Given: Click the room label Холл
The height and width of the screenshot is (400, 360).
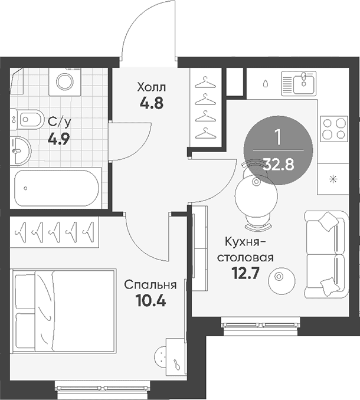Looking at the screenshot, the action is point(151,87).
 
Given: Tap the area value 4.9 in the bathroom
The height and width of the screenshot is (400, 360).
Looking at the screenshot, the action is point(58,140).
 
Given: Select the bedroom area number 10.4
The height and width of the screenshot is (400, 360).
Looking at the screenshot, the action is point(150,300).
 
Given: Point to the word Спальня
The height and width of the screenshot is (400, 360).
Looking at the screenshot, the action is point(150,285).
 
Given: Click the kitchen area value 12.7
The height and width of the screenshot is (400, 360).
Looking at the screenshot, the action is point(245,274).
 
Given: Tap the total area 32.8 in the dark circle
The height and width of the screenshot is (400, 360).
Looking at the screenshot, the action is point(279,164).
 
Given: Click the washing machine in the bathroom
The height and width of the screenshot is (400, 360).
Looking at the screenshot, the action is point(65,81).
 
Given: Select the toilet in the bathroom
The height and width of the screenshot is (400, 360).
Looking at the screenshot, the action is point(27,119).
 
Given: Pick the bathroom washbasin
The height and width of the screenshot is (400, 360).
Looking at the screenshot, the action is point(21,150).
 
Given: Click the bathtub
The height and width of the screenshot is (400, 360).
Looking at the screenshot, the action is point(56,188).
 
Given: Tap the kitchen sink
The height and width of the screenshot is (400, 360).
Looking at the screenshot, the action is point(299,82).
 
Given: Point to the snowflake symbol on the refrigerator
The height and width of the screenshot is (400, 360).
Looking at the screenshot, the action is point(333,179).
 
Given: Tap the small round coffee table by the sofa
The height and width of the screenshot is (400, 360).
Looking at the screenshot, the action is point(282,280).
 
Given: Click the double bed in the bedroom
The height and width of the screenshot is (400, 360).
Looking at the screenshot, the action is point(63,311).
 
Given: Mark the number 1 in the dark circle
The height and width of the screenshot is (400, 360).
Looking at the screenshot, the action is point(278,137).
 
